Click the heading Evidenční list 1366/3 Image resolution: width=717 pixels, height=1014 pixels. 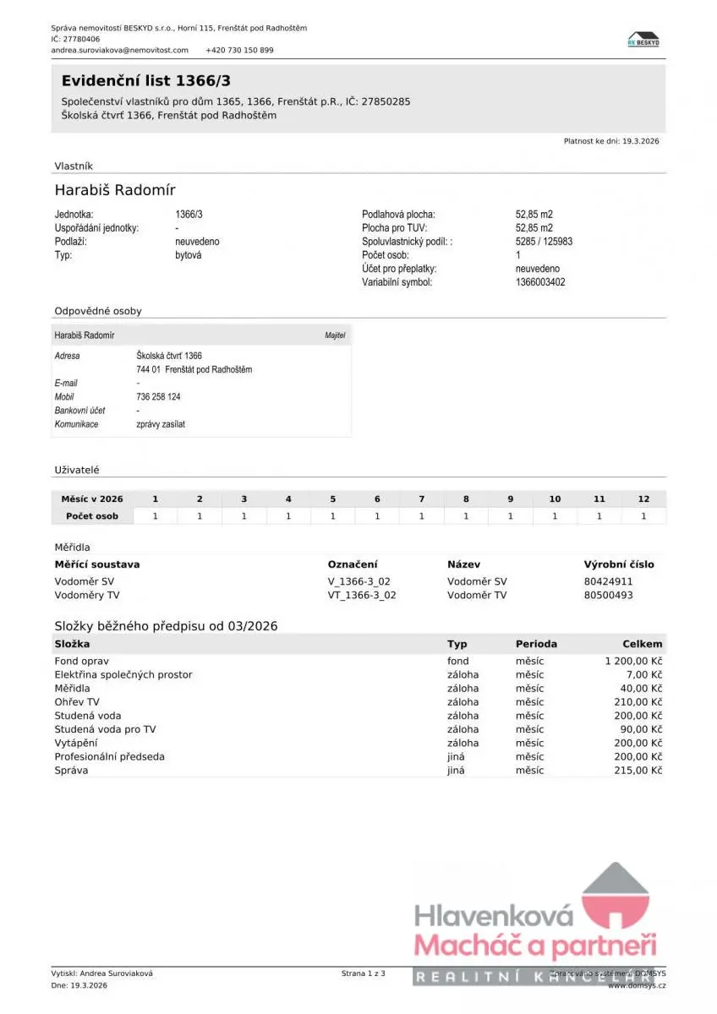tap(145, 81)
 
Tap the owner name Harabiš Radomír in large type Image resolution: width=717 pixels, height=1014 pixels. tap(115, 189)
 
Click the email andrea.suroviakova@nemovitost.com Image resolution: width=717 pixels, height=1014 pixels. tap(119, 50)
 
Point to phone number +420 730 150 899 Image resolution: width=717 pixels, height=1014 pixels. tap(239, 50)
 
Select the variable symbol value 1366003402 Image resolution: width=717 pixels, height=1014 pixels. tap(539, 282)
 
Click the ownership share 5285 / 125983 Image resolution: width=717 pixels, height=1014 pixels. tap(544, 242)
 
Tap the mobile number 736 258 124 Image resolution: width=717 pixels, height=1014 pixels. tap(158, 396)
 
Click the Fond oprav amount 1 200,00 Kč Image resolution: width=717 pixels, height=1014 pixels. tap(633, 661)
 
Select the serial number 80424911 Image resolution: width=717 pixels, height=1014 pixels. tap(608, 581)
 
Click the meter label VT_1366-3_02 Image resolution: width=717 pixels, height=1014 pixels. tap(362, 595)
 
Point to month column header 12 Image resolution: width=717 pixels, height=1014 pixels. tap(643, 499)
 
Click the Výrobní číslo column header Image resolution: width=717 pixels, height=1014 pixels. tap(618, 564)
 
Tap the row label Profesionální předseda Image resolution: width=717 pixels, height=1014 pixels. tap(109, 757)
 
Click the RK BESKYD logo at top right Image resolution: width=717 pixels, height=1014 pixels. tap(643, 39)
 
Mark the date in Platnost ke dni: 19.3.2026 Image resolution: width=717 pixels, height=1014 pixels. tap(640, 141)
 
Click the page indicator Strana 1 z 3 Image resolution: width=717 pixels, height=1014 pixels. tap(363, 973)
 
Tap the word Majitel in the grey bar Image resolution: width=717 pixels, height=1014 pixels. tap(335, 335)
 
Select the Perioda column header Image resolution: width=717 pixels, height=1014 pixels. tap(536, 644)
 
